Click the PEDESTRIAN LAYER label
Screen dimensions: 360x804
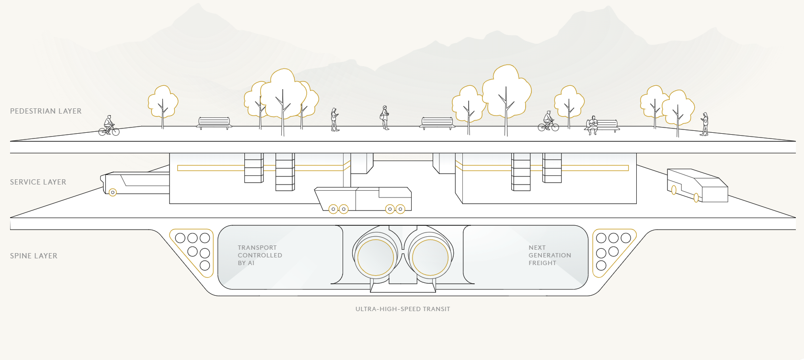pyautogui.click(x=46, y=111)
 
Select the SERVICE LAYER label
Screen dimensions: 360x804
pyautogui.click(x=38, y=182)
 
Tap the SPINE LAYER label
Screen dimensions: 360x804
pyautogui.click(x=34, y=256)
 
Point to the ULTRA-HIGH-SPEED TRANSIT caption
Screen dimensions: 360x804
pyautogui.click(x=402, y=309)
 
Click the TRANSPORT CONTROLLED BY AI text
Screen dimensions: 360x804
pyautogui.click(x=260, y=255)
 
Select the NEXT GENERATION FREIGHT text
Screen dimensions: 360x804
pyautogui.click(x=550, y=255)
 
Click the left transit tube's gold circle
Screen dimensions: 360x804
pyautogui.click(x=376, y=257)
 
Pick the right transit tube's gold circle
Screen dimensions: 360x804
pyautogui.click(x=430, y=257)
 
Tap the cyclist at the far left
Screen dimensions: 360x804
pyautogui.click(x=109, y=126)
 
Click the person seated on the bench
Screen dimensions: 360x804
pyautogui.click(x=593, y=125)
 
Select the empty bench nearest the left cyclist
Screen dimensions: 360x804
pyautogui.click(x=214, y=123)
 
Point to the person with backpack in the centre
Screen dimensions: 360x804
pyautogui.click(x=384, y=118)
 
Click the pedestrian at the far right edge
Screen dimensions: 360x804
pyautogui.click(x=704, y=124)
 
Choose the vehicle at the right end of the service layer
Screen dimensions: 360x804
pyautogui.click(x=697, y=186)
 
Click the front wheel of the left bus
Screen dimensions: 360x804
pyautogui.click(x=113, y=193)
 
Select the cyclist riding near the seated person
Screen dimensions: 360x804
pyautogui.click(x=548, y=122)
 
